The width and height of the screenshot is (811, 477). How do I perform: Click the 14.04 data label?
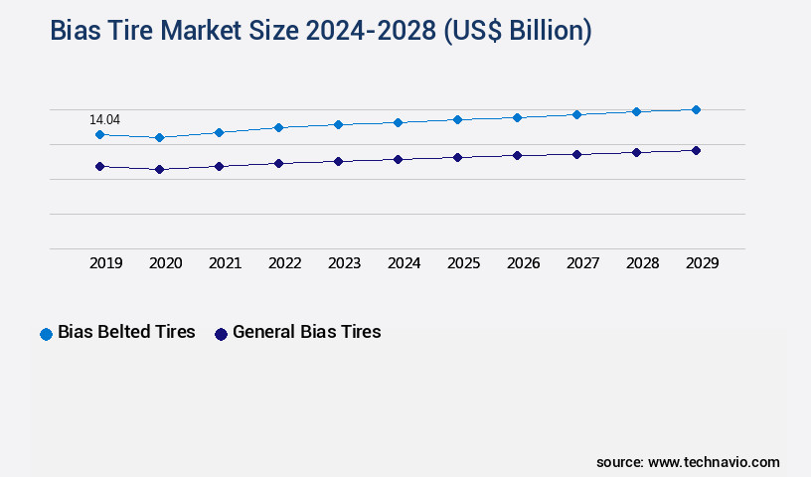[x=105, y=120]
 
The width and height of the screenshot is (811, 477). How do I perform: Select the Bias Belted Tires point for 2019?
[x=99, y=134]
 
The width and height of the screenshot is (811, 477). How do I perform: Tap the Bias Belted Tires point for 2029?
[x=696, y=109]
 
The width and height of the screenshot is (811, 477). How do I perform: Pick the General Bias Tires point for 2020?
[x=159, y=170]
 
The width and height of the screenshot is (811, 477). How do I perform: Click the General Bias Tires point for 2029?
[x=696, y=150]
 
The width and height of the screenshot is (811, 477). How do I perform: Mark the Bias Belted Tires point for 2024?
[x=398, y=122]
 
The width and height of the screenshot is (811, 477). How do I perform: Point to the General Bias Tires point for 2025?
[x=457, y=157]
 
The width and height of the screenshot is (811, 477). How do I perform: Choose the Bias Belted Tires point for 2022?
[x=278, y=127]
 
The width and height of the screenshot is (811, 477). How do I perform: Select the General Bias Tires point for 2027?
[x=576, y=154]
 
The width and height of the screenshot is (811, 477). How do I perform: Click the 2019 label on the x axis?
[x=106, y=263]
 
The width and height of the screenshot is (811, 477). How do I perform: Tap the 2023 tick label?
[x=345, y=263]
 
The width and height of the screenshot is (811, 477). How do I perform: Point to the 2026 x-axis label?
[x=524, y=263]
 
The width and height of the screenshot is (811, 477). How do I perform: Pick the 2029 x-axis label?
[x=702, y=263]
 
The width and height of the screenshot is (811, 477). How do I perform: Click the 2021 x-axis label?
[x=226, y=263]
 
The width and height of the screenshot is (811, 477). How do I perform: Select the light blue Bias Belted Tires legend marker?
[x=46, y=334]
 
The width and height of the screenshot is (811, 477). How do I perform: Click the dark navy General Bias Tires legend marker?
[x=221, y=334]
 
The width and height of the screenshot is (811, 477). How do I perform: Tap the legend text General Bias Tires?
[x=306, y=333]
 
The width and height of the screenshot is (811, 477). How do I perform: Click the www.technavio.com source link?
[x=714, y=462]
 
